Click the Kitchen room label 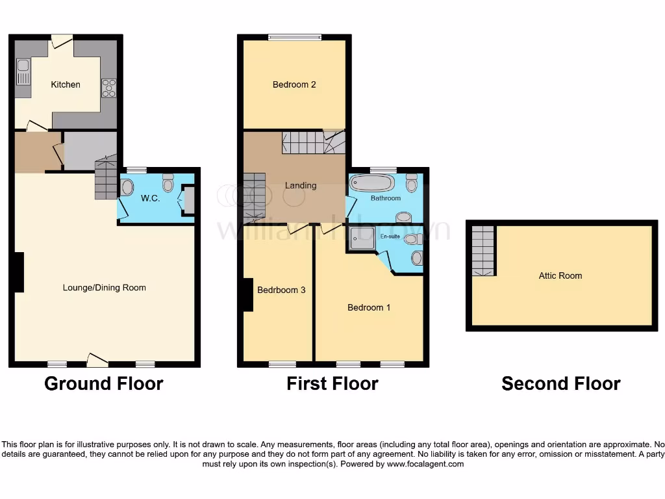(66, 84)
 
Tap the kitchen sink (23, 71)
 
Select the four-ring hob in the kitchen (108, 88)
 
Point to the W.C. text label (150, 198)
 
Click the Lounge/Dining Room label (104, 288)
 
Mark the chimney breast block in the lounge (19, 272)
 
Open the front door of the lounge (97, 359)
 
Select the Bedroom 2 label (294, 84)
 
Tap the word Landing (301, 185)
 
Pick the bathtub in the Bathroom (371, 183)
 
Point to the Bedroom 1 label (369, 307)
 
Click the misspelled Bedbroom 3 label (281, 290)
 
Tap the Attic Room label (560, 275)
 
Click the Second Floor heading (560, 384)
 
